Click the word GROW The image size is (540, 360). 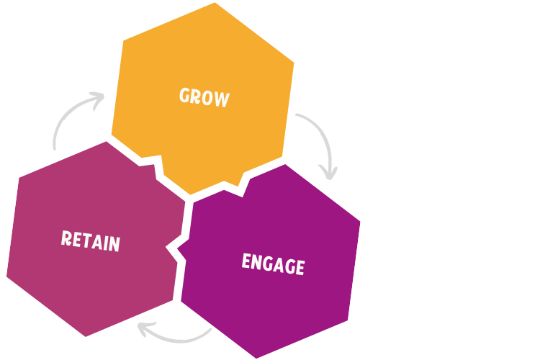tap(204, 97)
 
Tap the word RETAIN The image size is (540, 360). tap(90, 240)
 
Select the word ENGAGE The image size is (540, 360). tap(273, 264)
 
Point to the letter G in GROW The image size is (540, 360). tap(185, 95)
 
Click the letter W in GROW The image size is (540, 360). tap(222, 99)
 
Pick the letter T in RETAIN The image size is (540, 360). tap(86, 240)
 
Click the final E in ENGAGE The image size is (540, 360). tap(299, 267)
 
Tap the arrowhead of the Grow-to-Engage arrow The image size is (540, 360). tap(329, 175)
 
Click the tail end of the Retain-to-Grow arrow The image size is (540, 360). tap(55, 148)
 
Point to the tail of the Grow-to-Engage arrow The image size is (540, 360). tap(297, 114)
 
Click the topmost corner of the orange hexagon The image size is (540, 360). tap(214, 4)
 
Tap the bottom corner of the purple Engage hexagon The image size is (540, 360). tap(256, 357)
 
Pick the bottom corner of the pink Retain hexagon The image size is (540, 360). tap(85, 336)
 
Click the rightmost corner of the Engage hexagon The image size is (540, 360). tap(360, 221)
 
